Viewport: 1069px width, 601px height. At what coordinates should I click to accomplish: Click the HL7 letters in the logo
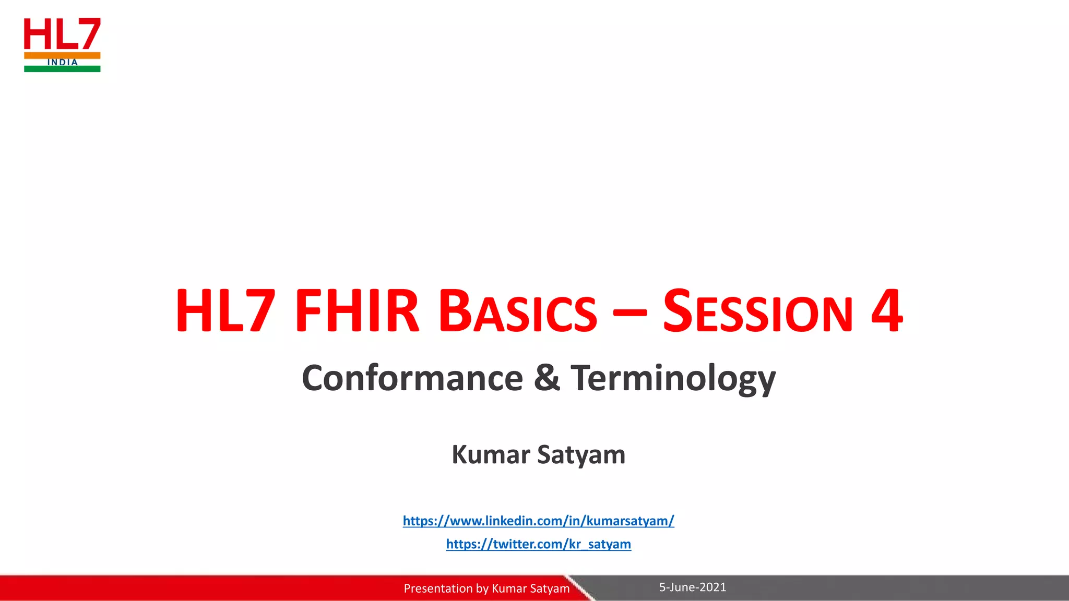click(x=62, y=34)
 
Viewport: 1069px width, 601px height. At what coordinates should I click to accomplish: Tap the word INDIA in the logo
click(x=62, y=62)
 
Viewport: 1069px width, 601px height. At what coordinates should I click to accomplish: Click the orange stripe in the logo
click(x=37, y=55)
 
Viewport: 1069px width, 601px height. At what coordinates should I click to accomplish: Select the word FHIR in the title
click(x=357, y=311)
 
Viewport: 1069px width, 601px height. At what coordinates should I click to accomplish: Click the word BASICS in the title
click(x=517, y=311)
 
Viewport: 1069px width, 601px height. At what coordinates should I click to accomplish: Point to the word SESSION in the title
click(x=757, y=311)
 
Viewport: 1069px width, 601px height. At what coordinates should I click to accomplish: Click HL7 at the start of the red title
click(x=225, y=311)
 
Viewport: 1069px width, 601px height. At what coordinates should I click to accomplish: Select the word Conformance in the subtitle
click(x=412, y=378)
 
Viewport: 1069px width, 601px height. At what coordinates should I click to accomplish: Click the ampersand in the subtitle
click(x=547, y=378)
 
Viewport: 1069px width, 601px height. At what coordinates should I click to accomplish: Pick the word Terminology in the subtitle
click(x=673, y=379)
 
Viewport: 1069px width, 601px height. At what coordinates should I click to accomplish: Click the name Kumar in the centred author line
click(x=491, y=454)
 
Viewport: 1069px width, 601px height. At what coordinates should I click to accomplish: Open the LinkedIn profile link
click(x=538, y=521)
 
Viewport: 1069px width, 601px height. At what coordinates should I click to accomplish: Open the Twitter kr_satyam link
click(x=538, y=544)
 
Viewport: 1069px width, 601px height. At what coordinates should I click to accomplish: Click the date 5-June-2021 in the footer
click(x=692, y=587)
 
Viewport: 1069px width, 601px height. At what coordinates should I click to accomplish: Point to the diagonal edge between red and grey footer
click(x=580, y=588)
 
